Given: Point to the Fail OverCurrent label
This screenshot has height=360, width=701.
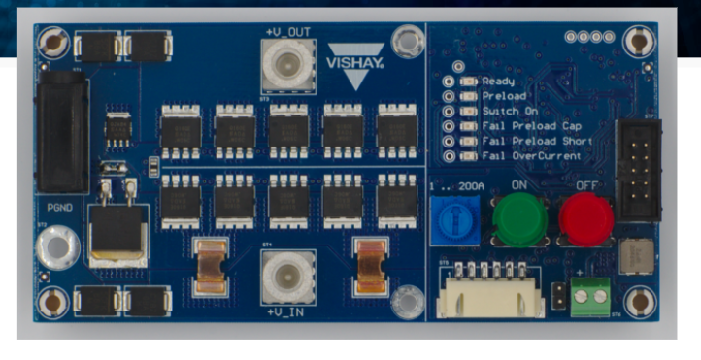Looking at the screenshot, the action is coord(530,155).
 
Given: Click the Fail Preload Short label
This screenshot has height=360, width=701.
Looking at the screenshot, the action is coord(530,141).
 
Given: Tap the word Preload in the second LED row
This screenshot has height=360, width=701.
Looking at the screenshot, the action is coord(504,96).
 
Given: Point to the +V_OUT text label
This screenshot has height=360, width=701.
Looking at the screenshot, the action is coord(287,32).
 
